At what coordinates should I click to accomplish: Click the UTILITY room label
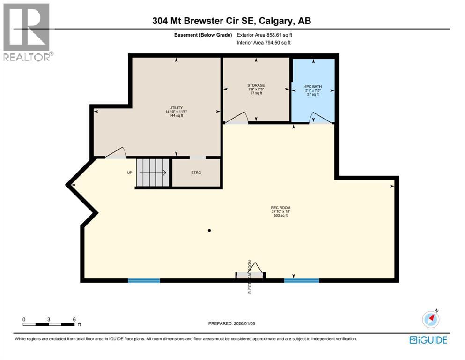(176, 107)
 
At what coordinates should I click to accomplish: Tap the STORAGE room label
(256, 85)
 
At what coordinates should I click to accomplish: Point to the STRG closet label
(196, 173)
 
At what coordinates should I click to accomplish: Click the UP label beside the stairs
(130, 172)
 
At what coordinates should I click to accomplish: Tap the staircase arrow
(153, 172)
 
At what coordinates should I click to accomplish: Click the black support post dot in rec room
(209, 230)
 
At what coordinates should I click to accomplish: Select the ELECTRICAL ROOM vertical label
(250, 277)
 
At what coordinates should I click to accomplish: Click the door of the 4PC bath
(320, 118)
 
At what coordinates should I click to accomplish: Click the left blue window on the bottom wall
(144, 280)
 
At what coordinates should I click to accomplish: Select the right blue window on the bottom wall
(302, 280)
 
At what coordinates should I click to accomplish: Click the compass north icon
(430, 319)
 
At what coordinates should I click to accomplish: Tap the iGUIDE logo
(428, 340)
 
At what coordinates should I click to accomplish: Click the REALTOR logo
(27, 32)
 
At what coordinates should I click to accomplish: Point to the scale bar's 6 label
(74, 319)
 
